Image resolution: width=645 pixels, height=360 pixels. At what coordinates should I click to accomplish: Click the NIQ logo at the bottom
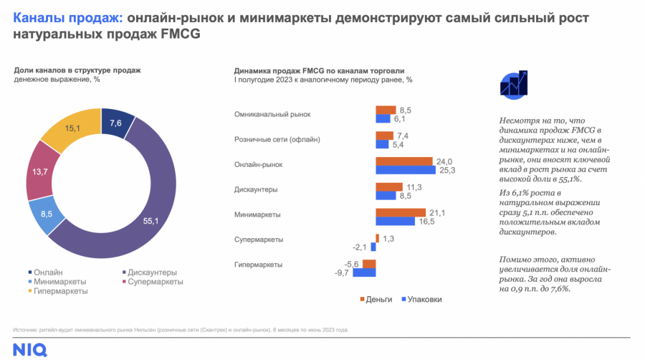click(x=29, y=351)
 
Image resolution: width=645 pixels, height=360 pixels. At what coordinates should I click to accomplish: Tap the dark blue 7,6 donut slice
click(x=116, y=123)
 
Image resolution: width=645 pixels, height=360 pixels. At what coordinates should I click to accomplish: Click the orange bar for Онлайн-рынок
click(x=404, y=161)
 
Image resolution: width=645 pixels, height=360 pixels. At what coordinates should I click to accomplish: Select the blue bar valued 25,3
click(x=406, y=170)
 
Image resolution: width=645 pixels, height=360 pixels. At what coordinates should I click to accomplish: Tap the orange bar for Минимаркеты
click(x=401, y=213)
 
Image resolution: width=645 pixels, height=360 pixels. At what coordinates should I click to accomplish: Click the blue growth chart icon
click(x=515, y=85)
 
